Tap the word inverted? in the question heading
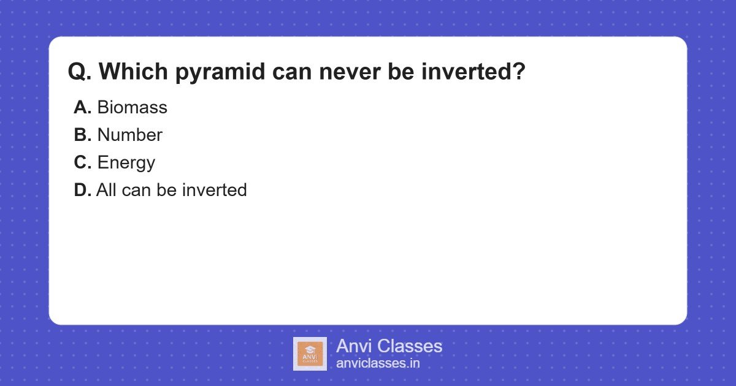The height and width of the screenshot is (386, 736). pos(473,71)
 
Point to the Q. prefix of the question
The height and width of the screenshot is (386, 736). pos(80,71)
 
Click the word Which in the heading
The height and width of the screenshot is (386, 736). pos(134,71)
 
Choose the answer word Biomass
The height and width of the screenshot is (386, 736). pos(132,107)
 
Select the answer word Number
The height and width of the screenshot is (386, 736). pos(130,135)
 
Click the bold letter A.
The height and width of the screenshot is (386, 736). pos(82,107)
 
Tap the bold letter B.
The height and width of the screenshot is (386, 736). pos(82,135)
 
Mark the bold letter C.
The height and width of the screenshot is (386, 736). pos(82,162)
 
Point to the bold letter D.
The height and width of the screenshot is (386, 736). pos(82,190)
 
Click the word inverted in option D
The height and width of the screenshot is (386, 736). pos(215,190)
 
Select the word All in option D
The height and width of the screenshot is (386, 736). pos(106,190)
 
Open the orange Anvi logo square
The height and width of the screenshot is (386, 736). pos(310,354)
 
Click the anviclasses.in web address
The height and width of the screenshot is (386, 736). pos(378,363)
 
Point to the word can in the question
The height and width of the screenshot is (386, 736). pos(292,74)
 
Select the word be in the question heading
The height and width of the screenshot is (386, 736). pos(401,71)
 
